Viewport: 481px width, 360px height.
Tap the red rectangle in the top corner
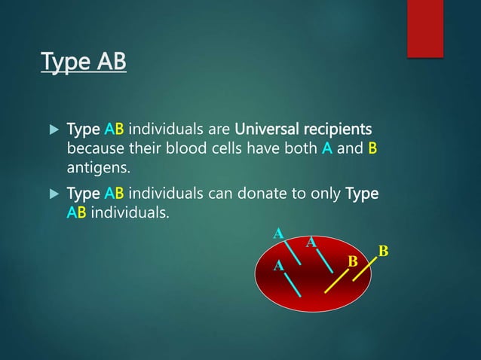(x=424, y=28)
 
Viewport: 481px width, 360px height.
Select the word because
(x=96, y=148)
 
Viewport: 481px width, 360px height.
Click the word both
(x=301, y=148)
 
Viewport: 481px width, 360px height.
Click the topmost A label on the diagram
(x=277, y=233)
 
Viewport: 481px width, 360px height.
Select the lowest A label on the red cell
(x=278, y=266)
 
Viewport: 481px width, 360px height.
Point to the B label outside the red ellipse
(x=383, y=250)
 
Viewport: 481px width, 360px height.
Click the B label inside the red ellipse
(x=351, y=261)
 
